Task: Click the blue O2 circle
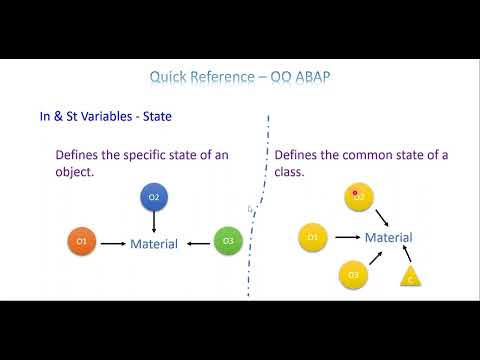[x=154, y=198]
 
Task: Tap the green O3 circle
[x=228, y=242]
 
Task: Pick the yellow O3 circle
[x=353, y=274]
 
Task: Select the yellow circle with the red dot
[x=359, y=197]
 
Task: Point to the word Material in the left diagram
[x=154, y=244]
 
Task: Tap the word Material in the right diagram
[x=388, y=238]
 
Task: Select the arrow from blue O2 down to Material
[x=154, y=223]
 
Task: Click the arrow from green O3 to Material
[x=197, y=243]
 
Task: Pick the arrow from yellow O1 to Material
[x=346, y=238]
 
